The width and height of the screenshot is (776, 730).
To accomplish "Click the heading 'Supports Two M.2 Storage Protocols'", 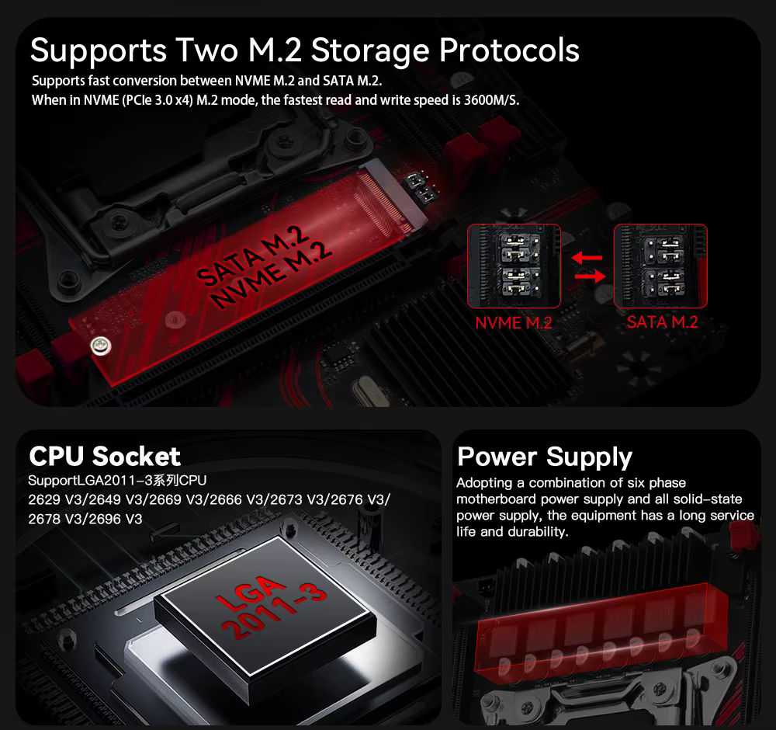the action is pyautogui.click(x=304, y=51).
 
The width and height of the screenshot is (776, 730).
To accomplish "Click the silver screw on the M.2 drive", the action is pyautogui.click(x=100, y=346).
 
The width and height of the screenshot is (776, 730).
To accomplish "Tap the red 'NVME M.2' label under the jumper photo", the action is pyautogui.click(x=513, y=323).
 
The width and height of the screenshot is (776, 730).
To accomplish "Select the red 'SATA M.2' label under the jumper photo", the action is pyautogui.click(x=662, y=322).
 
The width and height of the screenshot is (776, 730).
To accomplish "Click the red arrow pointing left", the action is pyautogui.click(x=587, y=258).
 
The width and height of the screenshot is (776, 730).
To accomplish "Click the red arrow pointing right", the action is pyautogui.click(x=590, y=276).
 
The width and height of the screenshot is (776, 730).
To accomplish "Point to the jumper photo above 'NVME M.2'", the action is pyautogui.click(x=514, y=266).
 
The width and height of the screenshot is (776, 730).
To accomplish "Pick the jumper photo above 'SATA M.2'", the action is pyautogui.click(x=660, y=266).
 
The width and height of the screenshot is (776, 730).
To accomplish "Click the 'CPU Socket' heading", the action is pyautogui.click(x=105, y=456).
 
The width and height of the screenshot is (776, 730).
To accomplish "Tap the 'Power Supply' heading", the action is pyautogui.click(x=545, y=457).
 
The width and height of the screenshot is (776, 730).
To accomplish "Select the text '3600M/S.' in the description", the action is pyautogui.click(x=491, y=100).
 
